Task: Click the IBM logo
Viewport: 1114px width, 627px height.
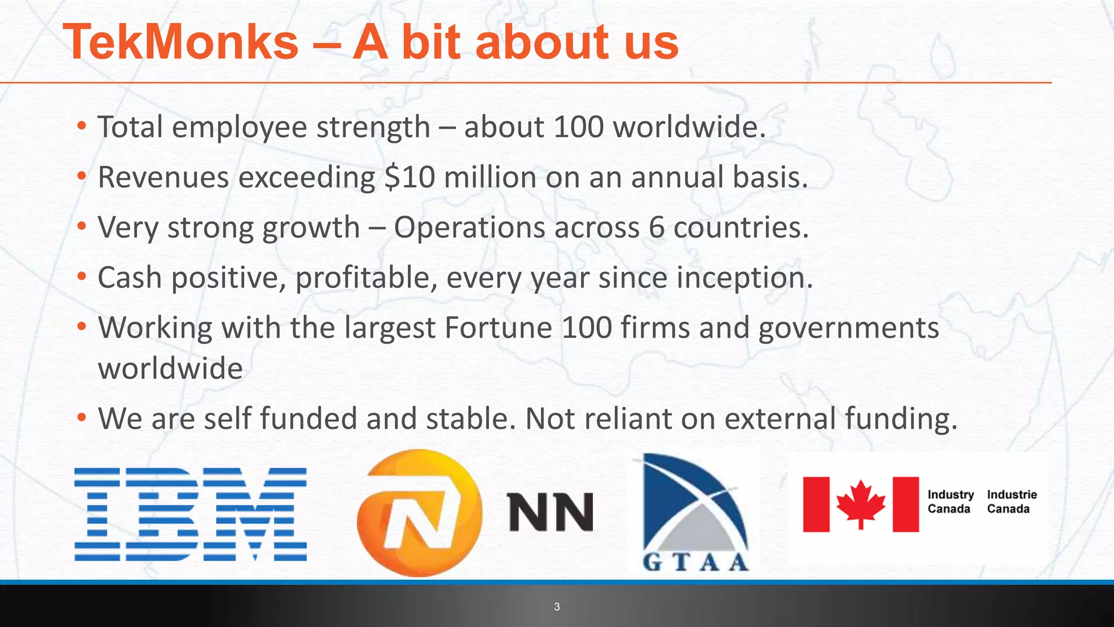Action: [x=190, y=514]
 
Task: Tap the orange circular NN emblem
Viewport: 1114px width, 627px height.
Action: [x=419, y=513]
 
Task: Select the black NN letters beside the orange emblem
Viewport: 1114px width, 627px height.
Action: [x=550, y=512]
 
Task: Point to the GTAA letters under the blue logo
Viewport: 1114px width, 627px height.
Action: [x=696, y=562]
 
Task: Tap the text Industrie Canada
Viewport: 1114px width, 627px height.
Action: [x=1012, y=501]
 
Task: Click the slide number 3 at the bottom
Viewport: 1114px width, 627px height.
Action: [x=556, y=607]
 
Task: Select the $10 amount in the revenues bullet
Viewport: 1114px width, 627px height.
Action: [x=409, y=177]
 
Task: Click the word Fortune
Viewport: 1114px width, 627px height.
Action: [x=498, y=328]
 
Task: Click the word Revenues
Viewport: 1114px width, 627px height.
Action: [x=163, y=177]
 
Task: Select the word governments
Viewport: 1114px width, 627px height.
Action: [x=849, y=328]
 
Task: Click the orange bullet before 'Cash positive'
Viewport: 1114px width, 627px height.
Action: [x=82, y=276]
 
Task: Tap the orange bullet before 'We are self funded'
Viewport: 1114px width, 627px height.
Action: [x=82, y=417]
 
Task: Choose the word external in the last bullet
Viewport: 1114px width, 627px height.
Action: [x=780, y=419]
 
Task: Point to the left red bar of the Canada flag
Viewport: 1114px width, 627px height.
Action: [x=816, y=504]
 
